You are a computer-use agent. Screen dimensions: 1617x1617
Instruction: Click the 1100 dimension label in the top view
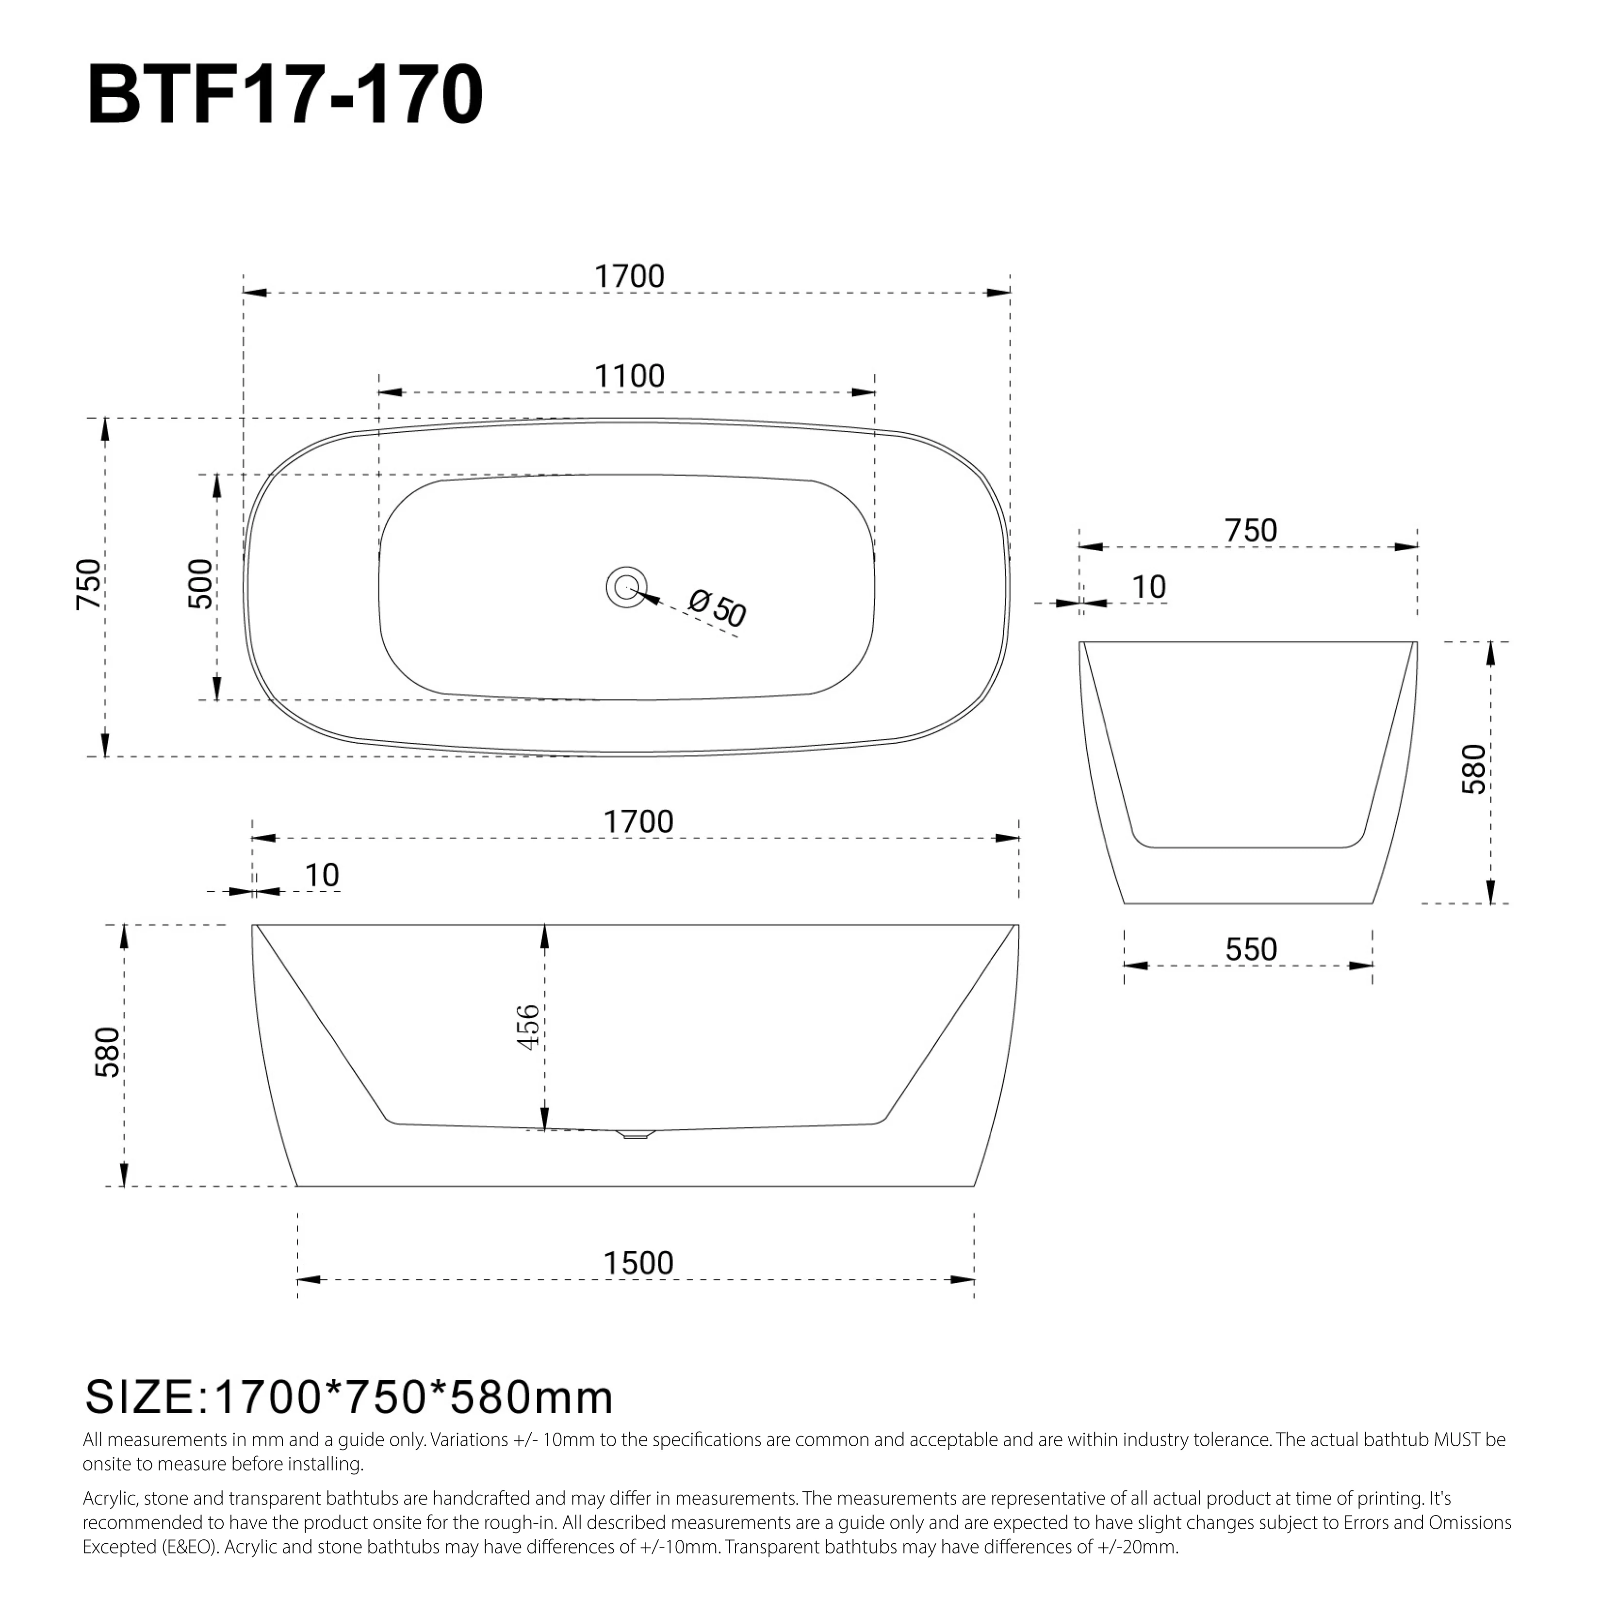click(629, 376)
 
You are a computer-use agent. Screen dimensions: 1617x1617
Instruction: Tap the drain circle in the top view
click(626, 587)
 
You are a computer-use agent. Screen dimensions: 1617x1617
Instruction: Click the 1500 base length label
click(638, 1263)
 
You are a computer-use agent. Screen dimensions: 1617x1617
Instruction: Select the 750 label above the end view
click(1250, 531)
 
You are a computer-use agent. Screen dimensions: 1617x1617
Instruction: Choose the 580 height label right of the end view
click(1473, 768)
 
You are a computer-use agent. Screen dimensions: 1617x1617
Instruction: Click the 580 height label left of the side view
click(109, 1052)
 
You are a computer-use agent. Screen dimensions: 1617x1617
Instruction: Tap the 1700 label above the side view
click(638, 822)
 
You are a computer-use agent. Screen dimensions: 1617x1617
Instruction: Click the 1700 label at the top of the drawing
click(629, 276)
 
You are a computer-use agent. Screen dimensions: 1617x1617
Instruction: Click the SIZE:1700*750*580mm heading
click(349, 1397)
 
